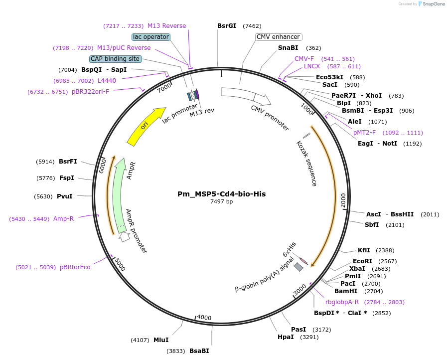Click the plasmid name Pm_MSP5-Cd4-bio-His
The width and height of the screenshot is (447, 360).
pos(221,194)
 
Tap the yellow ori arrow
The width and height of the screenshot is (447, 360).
pos(145,127)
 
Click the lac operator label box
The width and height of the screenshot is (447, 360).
pos(151,37)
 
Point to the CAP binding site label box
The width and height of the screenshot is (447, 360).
pos(115,59)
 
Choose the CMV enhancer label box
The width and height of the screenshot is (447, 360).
pos(278,37)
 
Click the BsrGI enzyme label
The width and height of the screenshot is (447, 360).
pos(227,26)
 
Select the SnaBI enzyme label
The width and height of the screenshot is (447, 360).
pos(288,48)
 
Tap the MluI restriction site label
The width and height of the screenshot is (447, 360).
pos(161,340)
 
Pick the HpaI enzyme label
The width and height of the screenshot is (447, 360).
pos(286,337)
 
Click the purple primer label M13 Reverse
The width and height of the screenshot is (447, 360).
pos(166,26)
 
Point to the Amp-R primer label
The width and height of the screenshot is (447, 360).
pos(63,219)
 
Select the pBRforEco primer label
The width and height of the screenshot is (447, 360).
pos(75,267)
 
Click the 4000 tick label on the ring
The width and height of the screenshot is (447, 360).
pos(204,317)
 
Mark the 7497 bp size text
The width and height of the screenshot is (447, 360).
pos(221,202)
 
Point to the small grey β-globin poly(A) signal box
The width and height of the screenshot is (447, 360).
pos(298,267)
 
